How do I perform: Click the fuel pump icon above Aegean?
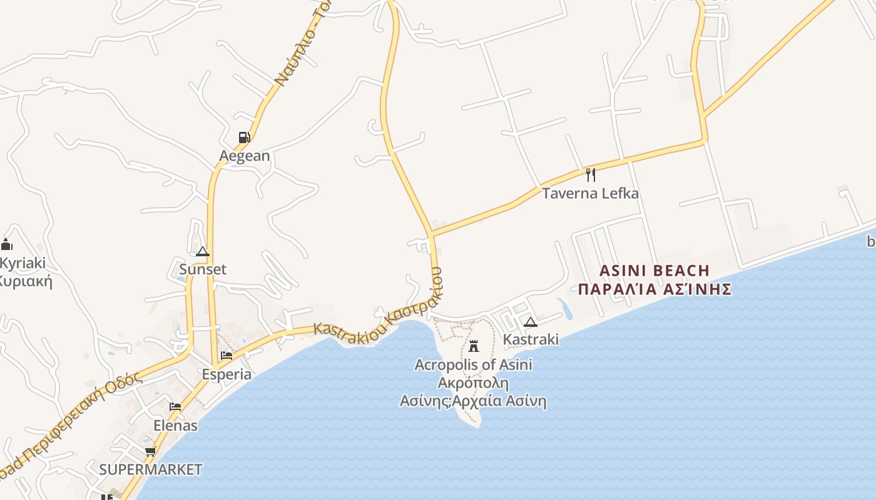(x=244, y=137)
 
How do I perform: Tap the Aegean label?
(x=245, y=156)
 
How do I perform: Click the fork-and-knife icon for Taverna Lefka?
(x=590, y=175)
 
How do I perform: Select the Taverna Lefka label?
(x=590, y=193)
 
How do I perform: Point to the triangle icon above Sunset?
(x=202, y=252)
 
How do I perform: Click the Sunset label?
(x=203, y=269)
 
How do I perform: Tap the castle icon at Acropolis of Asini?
(x=474, y=346)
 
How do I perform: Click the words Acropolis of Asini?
(x=474, y=364)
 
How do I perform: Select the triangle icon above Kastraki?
(x=531, y=322)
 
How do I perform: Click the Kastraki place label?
(x=531, y=339)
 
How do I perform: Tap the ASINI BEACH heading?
(x=654, y=271)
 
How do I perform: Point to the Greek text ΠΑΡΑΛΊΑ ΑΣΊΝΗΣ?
(x=654, y=289)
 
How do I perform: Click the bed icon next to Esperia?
(x=227, y=356)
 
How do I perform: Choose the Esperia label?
(x=227, y=374)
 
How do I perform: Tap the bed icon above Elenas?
(x=175, y=407)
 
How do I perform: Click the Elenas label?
(x=175, y=426)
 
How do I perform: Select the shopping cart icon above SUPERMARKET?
(x=150, y=451)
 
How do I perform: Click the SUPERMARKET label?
(x=151, y=469)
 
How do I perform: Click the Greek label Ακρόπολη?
(x=473, y=382)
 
